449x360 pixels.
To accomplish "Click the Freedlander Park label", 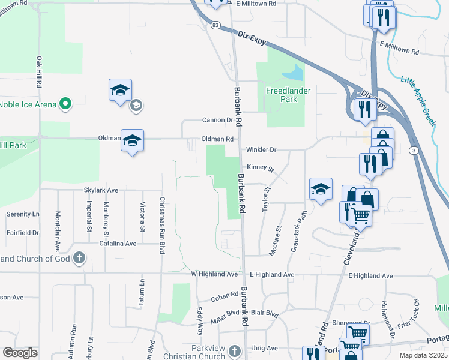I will [282, 95].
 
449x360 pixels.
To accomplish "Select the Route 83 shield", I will [215, 25].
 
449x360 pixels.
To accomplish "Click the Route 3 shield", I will [414, 150].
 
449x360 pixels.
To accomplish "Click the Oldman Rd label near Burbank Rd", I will [217, 139].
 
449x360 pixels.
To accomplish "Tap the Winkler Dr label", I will [261, 149].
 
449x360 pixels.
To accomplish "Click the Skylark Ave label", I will [100, 190].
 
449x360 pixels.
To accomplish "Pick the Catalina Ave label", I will [118, 244].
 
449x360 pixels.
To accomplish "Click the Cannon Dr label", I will [217, 120].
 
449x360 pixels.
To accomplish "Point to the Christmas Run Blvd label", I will [161, 225].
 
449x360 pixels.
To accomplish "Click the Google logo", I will [20, 353].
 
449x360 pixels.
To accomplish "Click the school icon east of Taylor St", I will [321, 190].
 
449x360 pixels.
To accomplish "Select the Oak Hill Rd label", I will [38, 73].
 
